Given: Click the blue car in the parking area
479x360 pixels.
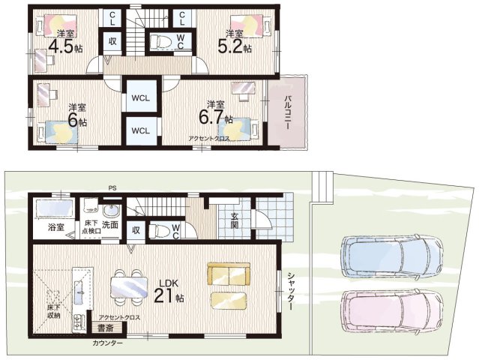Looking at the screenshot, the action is pos(392,256).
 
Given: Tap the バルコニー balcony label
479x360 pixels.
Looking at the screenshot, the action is pos(287,112).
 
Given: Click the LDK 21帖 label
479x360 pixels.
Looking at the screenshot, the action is pos(169,291).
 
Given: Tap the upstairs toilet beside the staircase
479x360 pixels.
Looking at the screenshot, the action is pos(160,41).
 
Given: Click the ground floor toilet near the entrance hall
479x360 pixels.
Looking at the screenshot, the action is pos(160,230).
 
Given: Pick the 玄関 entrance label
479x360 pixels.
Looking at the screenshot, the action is pos(235,220).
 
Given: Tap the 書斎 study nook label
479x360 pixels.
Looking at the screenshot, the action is pos(106,328).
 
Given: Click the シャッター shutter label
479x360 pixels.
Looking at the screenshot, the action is pos(291,291).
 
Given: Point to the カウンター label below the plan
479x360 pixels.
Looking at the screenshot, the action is pos(107,343).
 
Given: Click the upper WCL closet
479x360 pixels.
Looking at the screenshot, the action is pos(140,98).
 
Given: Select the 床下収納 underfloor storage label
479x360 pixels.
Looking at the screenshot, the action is pos(53,310).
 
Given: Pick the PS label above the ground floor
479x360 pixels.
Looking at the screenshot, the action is pos(112,187).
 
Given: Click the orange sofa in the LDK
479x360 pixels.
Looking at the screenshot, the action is pos(229,274).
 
